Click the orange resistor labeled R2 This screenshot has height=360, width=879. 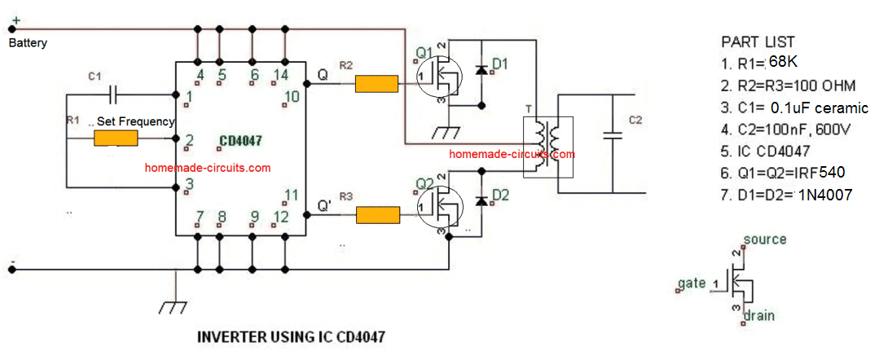click(x=376, y=85)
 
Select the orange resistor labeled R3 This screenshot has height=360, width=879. click(x=378, y=215)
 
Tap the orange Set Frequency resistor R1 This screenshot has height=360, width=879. click(x=116, y=138)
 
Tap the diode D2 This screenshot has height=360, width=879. click(x=481, y=200)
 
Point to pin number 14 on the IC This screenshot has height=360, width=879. click(x=282, y=76)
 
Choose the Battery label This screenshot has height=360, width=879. click(x=28, y=43)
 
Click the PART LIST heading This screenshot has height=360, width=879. click(x=758, y=42)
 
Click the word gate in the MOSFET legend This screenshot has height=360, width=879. click(x=692, y=283)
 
